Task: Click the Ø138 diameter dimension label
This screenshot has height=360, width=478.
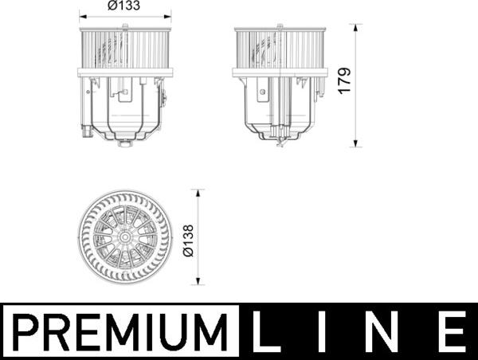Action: coord(188,237)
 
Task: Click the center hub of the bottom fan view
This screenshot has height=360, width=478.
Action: coord(125,237)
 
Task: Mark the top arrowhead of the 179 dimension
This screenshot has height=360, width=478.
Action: coord(357,25)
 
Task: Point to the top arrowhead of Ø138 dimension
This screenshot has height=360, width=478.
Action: coord(198,192)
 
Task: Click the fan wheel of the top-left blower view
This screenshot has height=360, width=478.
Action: coord(126,49)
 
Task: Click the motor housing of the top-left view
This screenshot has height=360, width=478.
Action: coord(126,108)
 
